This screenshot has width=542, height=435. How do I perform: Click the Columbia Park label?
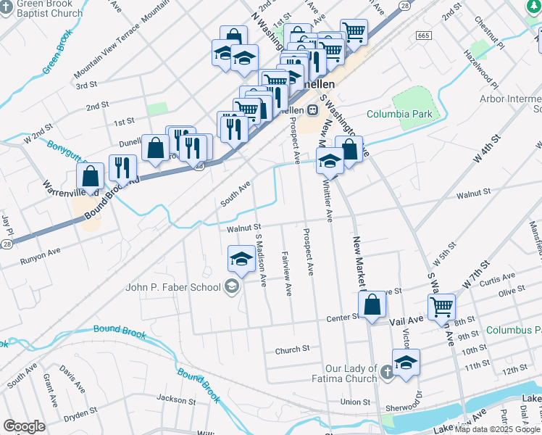click(399, 114)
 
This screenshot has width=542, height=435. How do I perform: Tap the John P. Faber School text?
click(173, 287)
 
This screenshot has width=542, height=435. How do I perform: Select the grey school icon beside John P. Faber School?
click(231, 287)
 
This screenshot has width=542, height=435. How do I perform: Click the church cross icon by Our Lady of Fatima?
click(387, 373)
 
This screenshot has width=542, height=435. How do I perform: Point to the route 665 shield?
click(424, 36)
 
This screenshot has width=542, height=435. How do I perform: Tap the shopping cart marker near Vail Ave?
click(441, 307)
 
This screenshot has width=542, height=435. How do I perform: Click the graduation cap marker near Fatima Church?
click(406, 363)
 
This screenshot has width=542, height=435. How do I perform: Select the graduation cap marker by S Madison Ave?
click(241, 258)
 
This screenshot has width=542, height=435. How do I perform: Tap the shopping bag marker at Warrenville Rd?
click(90, 177)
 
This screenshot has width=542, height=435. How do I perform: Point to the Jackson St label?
click(172, 398)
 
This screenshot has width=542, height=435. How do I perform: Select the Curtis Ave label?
click(497, 278)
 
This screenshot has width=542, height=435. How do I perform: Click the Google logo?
click(24, 426)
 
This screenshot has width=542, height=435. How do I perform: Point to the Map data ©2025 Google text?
click(498, 429)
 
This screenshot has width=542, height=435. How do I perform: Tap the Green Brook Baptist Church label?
click(41, 8)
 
